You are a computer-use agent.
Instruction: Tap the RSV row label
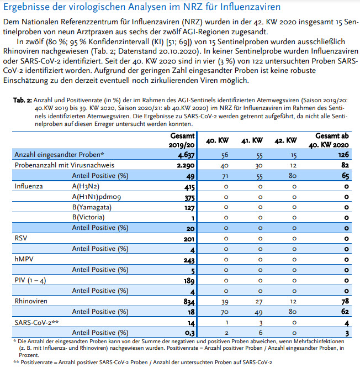point(20,238)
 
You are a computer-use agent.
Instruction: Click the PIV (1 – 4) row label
point(31,280)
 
